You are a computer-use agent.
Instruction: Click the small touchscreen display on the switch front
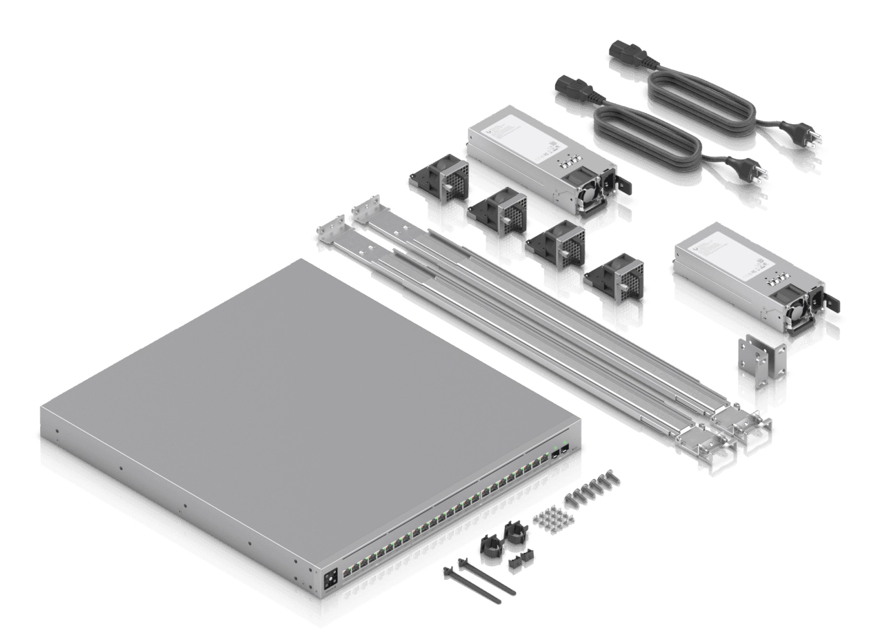click(x=330, y=577)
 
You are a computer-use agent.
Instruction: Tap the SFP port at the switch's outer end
click(x=564, y=449)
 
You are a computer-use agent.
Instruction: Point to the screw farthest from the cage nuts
click(x=612, y=476)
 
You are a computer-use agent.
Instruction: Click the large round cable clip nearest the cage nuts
click(x=514, y=534)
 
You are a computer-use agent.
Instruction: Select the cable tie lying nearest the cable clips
click(x=488, y=576)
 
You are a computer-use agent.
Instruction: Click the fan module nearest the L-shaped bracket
click(x=617, y=278)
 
